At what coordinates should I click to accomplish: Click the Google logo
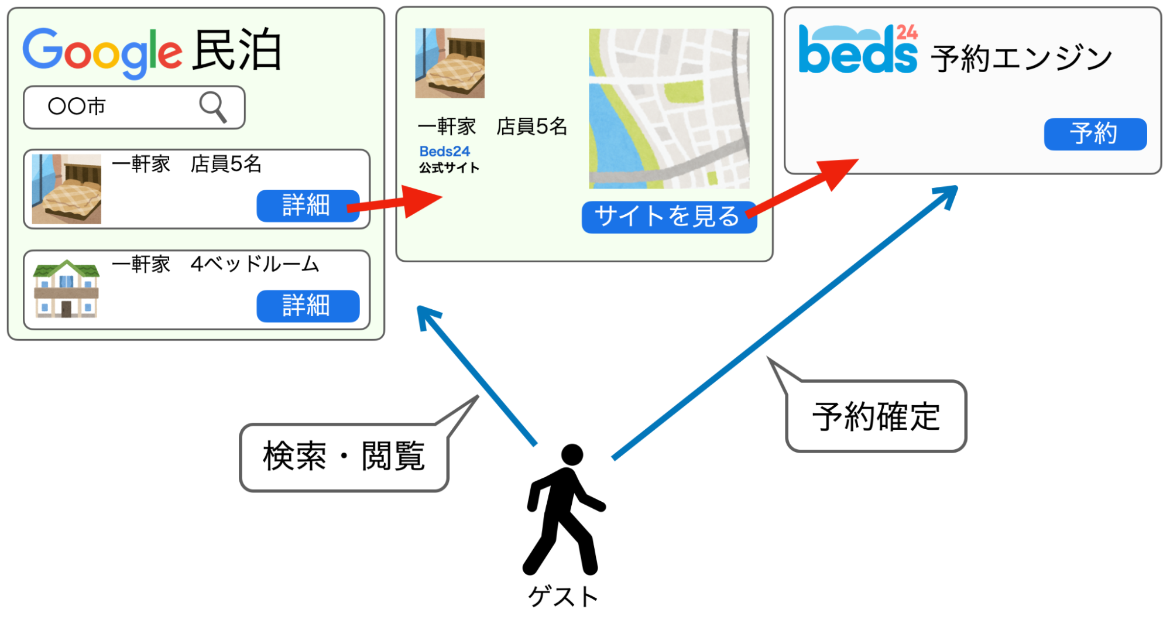tap(102, 53)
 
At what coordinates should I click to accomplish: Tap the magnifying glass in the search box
tap(213, 107)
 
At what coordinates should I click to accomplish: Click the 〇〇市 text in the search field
tap(77, 107)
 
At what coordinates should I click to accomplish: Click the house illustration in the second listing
tap(66, 289)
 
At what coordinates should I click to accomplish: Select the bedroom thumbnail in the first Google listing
tap(66, 189)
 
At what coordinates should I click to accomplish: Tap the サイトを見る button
tap(669, 217)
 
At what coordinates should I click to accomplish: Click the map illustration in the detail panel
tap(669, 108)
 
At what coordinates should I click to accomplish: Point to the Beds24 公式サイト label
tap(449, 159)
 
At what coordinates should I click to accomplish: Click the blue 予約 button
tap(1095, 134)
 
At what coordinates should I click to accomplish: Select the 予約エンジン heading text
tap(1021, 59)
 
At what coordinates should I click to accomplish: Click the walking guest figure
tap(564, 509)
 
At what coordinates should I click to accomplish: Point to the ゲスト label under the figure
tap(563, 597)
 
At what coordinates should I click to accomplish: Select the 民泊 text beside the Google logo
tap(238, 50)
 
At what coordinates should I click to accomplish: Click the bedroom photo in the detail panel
tap(450, 63)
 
